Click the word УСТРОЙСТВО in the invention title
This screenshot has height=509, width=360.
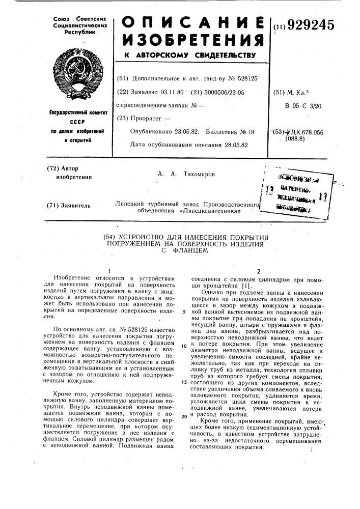(x=145, y=238)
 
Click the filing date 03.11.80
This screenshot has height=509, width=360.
(x=171, y=92)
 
